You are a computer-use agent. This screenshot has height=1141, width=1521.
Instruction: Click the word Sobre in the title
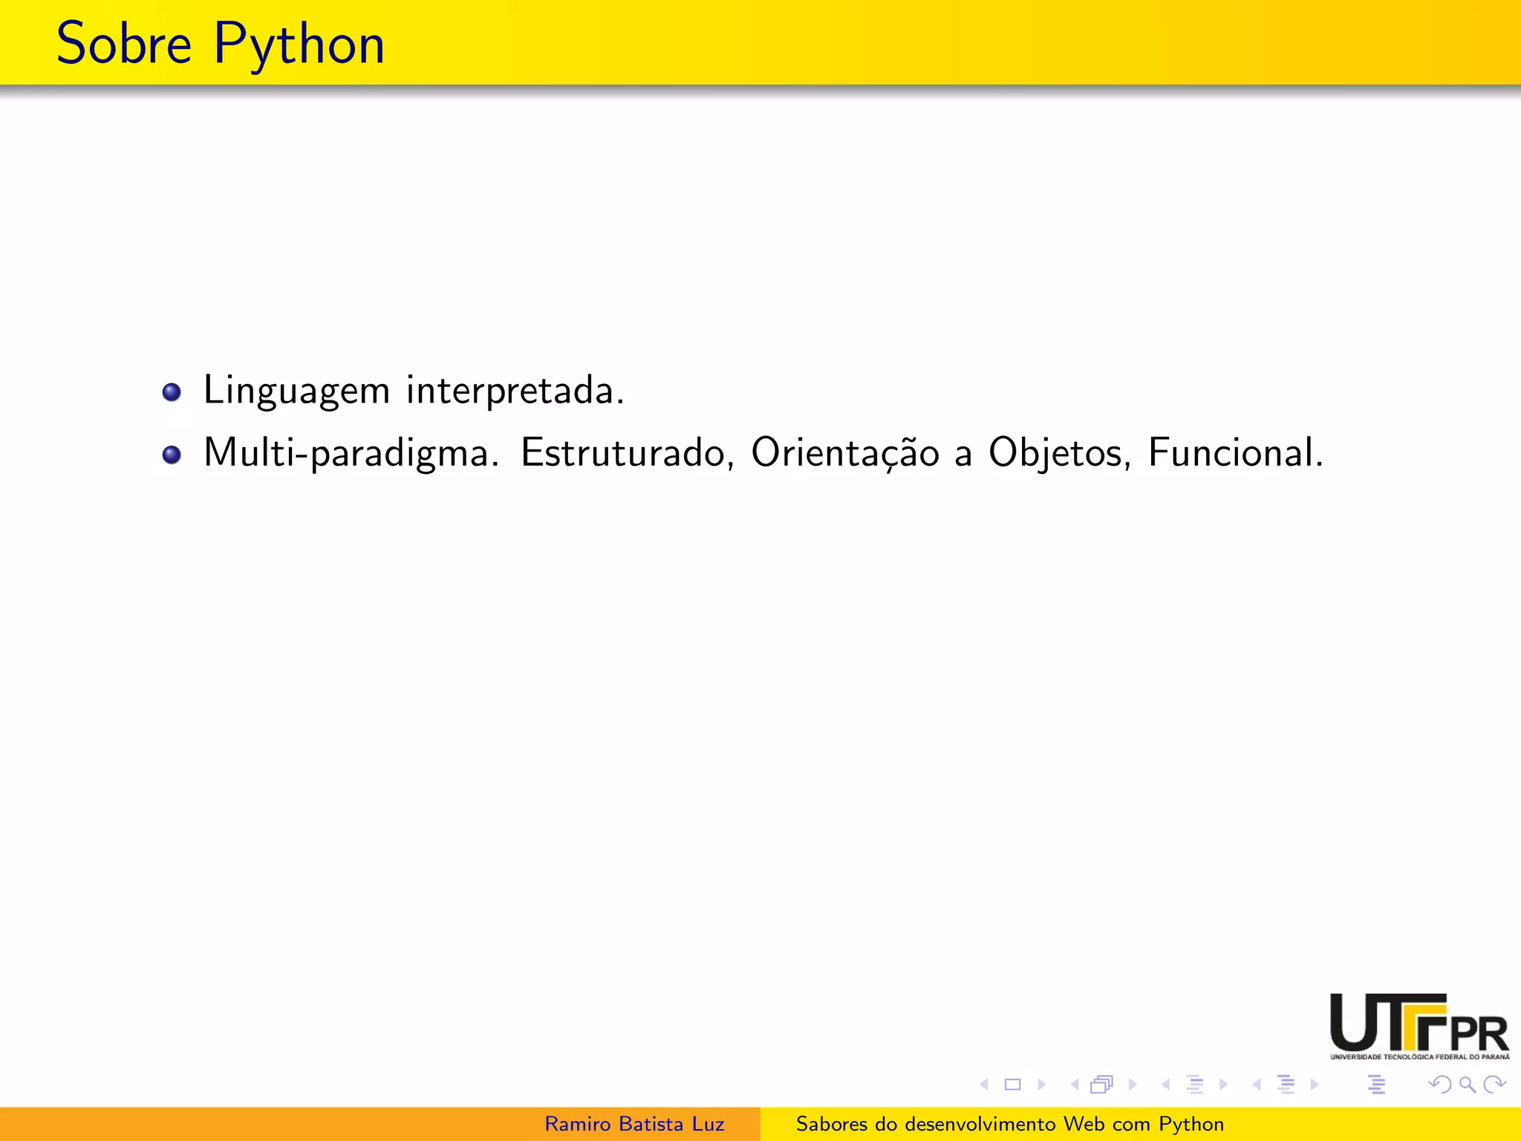[x=124, y=44]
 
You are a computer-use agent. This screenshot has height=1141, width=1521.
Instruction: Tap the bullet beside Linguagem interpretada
[x=172, y=391]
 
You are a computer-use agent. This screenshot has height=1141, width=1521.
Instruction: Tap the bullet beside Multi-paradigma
[x=172, y=455]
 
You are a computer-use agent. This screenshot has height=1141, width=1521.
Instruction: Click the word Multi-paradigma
[x=351, y=454]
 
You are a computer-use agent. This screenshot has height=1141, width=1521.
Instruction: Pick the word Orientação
[x=845, y=453]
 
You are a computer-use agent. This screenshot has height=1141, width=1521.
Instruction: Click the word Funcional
[x=1235, y=452]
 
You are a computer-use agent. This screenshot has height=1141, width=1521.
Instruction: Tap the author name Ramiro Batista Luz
[x=634, y=1124]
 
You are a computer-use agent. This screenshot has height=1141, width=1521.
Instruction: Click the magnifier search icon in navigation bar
[x=1467, y=1085]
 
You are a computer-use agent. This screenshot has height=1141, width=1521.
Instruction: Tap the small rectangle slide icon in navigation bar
[x=1012, y=1085]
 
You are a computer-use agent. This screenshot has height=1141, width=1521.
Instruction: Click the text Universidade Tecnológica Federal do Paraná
[x=1419, y=1056]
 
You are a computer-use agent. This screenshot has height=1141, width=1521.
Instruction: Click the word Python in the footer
[x=1191, y=1125]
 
